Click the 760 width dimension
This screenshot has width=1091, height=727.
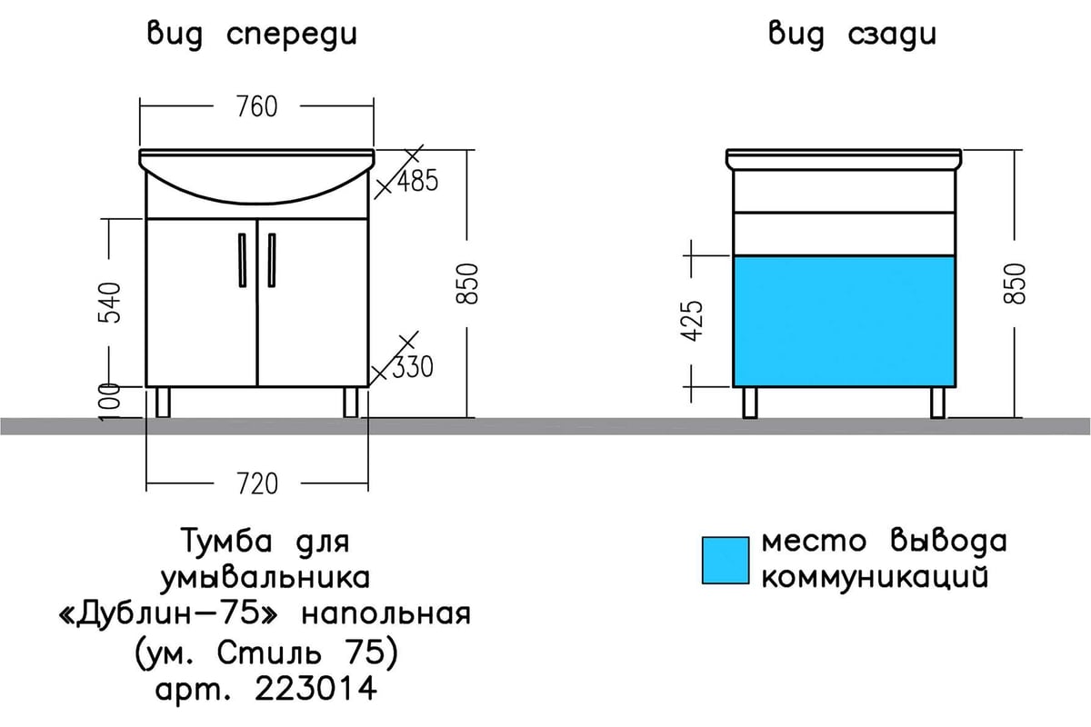pyautogui.click(x=257, y=106)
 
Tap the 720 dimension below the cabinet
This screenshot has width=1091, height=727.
pyautogui.click(x=257, y=483)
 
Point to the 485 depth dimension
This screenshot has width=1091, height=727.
pyautogui.click(x=418, y=181)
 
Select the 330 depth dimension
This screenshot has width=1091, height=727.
pyautogui.click(x=413, y=367)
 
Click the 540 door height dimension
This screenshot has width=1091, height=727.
pyautogui.click(x=109, y=303)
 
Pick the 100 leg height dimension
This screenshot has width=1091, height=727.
pyautogui.click(x=109, y=403)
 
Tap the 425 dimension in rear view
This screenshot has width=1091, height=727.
pyautogui.click(x=692, y=321)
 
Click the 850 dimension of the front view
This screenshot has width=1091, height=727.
pyautogui.click(x=467, y=284)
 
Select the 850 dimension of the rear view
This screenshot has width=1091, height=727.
pyautogui.click(x=1015, y=284)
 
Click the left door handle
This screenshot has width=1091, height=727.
pyautogui.click(x=242, y=260)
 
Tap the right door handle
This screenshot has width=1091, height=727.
pyautogui.click(x=272, y=260)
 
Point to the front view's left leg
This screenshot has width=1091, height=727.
pyautogui.click(x=163, y=403)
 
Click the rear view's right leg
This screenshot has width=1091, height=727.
pyautogui.click(x=937, y=403)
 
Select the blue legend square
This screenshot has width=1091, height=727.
pyautogui.click(x=726, y=561)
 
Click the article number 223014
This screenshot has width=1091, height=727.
pyautogui.click(x=315, y=689)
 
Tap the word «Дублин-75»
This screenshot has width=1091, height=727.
pyautogui.click(x=168, y=613)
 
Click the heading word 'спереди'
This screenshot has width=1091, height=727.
pyautogui.click(x=292, y=35)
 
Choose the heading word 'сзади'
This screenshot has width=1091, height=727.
pyautogui.click(x=892, y=35)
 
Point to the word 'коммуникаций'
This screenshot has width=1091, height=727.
pyautogui.click(x=875, y=577)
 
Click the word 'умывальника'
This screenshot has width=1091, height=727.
pyautogui.click(x=265, y=579)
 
